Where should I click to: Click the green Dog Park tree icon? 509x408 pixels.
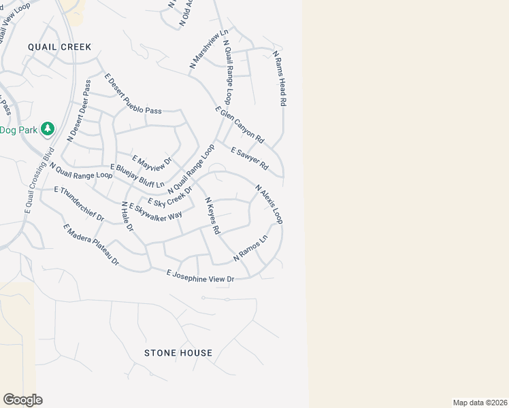tap(47, 128)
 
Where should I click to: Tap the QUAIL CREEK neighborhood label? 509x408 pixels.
tap(59, 47)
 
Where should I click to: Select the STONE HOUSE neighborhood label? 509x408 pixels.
tap(178, 353)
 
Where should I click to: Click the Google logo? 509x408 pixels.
tap(22, 400)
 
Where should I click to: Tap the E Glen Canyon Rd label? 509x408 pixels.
tap(239, 125)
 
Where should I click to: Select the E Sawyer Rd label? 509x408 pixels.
tap(250, 158)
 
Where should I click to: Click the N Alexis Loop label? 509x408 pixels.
tap(269, 204)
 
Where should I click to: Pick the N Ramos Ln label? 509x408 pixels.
tap(250, 248)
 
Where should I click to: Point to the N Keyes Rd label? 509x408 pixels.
tap(212, 216)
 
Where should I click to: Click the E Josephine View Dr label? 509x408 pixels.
tap(201, 275)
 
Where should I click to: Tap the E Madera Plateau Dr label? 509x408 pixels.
tap(91, 245)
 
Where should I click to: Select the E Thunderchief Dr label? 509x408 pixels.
tap(78, 204)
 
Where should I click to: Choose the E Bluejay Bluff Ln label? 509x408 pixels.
tap(137, 175)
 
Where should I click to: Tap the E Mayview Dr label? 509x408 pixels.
tap(152, 163)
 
